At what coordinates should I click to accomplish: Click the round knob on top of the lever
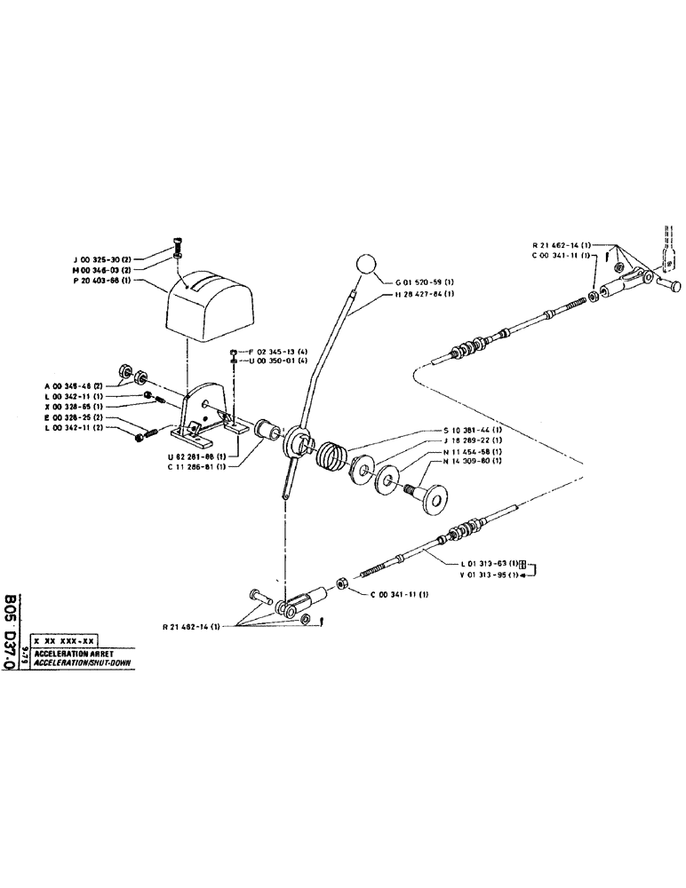[367, 266]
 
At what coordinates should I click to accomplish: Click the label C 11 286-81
[195, 467]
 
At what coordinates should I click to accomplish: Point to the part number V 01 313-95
[491, 575]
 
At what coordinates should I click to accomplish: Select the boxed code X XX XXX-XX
[64, 639]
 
